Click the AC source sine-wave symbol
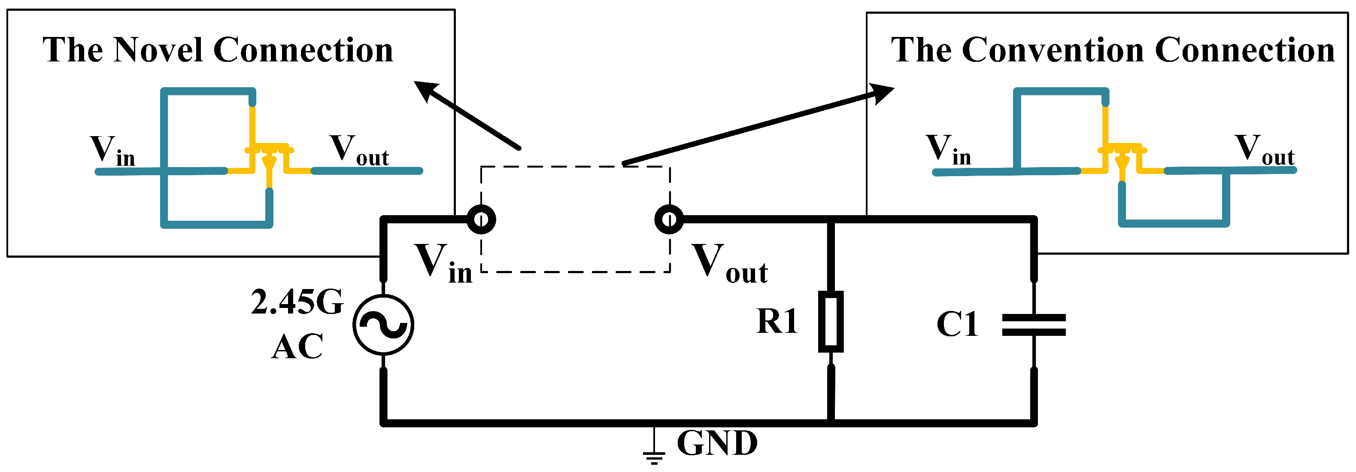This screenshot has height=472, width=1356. (x=383, y=325)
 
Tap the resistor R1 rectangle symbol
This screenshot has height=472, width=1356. (x=831, y=321)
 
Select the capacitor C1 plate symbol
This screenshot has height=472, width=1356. (x=1034, y=325)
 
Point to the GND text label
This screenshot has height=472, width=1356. (x=717, y=444)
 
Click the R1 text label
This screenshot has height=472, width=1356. (x=777, y=321)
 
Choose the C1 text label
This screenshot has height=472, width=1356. (x=957, y=324)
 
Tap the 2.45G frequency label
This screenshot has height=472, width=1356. (x=297, y=302)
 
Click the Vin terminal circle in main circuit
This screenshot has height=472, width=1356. (x=481, y=219)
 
